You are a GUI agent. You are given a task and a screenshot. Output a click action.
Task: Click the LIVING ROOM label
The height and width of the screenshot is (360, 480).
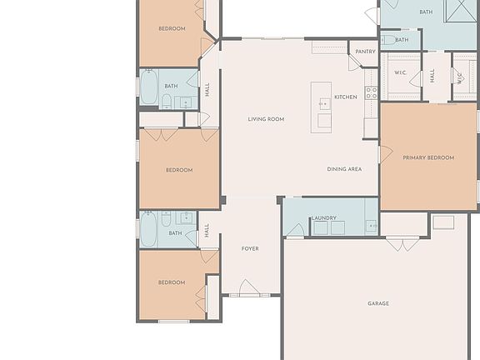click(x=266, y=119)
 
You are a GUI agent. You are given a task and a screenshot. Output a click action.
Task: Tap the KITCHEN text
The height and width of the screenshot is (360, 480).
click(x=345, y=97)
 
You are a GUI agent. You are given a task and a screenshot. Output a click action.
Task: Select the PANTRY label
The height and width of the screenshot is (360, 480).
click(x=365, y=52)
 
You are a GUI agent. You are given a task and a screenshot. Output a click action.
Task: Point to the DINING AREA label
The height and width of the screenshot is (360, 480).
click(x=343, y=169)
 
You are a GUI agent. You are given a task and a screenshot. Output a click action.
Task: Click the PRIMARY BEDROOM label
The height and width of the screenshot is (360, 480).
click(x=428, y=157)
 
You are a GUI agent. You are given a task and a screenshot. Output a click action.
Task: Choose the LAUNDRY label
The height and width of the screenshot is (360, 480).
click(x=323, y=218)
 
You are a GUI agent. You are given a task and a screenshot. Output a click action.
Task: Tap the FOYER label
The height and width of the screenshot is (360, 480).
click(x=250, y=249)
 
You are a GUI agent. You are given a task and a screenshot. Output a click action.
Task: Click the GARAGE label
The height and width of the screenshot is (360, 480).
click(x=378, y=303)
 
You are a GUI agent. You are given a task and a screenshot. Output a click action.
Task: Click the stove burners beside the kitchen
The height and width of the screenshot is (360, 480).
click(x=372, y=92)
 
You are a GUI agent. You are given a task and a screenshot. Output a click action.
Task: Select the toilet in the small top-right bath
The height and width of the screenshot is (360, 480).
click(x=389, y=39)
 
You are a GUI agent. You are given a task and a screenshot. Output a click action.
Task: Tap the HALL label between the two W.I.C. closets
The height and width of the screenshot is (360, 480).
click(x=432, y=76)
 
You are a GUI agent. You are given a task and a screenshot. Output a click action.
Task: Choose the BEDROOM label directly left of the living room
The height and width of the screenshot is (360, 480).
click(x=178, y=170)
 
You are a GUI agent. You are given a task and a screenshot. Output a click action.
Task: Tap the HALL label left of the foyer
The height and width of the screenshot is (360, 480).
click(x=207, y=230)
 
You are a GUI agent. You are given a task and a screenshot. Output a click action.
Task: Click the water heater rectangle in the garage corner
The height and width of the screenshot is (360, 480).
click(x=443, y=222)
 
